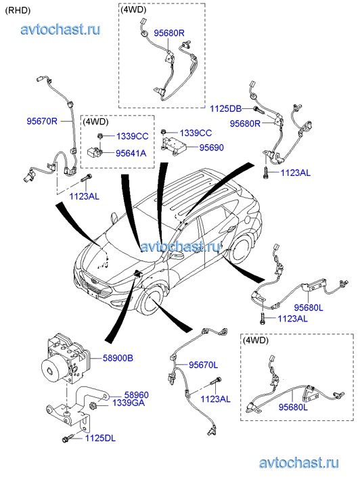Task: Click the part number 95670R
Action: (x=42, y=121)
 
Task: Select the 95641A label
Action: (x=131, y=153)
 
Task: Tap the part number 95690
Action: (x=212, y=147)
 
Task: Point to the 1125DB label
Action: (x=225, y=108)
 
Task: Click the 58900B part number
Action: (x=118, y=358)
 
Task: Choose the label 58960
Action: (x=137, y=395)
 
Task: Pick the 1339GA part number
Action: (x=129, y=403)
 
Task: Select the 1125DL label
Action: (x=100, y=438)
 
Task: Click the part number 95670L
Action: (x=204, y=365)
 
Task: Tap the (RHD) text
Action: (x=18, y=10)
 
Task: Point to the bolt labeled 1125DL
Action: (x=68, y=439)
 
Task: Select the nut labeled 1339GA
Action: (x=93, y=405)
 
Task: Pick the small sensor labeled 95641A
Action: (x=94, y=152)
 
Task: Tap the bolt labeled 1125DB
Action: (x=259, y=110)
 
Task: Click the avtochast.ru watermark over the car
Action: (x=181, y=246)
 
